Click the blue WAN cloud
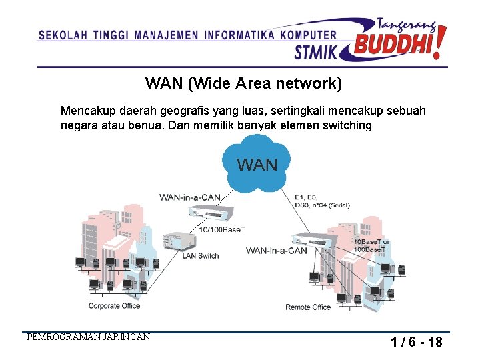257,163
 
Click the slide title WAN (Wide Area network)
243,83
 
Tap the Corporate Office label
114,306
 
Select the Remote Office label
308,307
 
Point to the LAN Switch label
200,255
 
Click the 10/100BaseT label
222,229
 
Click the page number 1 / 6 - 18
417,343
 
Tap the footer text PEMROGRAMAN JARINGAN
88,337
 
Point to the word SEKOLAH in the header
63,35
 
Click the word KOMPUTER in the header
308,35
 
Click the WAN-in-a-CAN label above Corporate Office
189,197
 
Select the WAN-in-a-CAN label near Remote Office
277,251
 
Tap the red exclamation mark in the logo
439,41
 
